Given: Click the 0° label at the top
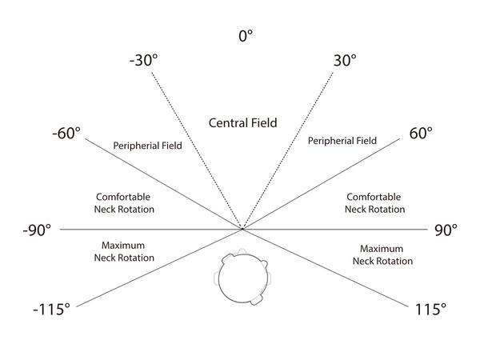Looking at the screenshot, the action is [246, 35].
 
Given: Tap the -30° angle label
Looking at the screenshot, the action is [143, 60].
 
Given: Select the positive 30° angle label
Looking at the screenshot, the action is [345, 60].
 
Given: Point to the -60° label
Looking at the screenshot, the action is [66, 133].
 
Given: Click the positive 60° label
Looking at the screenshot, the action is [421, 133].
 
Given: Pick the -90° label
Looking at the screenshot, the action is [37, 230].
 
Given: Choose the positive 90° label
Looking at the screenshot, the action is [446, 230].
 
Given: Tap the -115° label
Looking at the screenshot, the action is [51, 309].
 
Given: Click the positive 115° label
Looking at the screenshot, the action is [430, 309].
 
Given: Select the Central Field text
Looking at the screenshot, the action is [242, 122].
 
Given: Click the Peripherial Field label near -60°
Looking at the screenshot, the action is [147, 146].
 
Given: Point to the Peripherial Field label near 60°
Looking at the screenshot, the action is [342, 141].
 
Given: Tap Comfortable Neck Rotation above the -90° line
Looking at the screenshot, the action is [124, 203].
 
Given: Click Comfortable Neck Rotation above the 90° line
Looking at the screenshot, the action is [374, 203].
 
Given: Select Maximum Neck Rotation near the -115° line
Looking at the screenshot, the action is [124, 251].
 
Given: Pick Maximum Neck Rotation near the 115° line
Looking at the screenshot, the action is [382, 254].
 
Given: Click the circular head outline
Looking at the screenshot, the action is [219, 278].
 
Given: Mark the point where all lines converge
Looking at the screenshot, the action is [242, 229].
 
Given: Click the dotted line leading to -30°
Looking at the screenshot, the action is [197, 150].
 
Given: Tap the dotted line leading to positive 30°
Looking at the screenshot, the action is [288, 150].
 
